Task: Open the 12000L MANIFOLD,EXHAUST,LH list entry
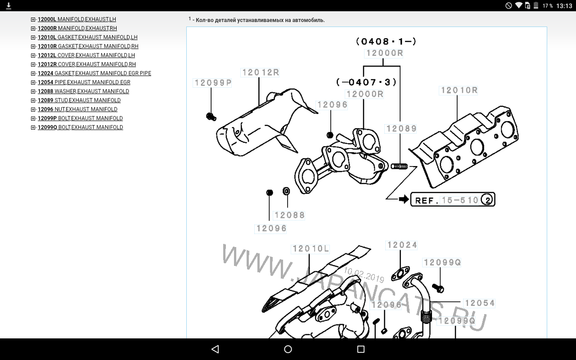click(x=76, y=19)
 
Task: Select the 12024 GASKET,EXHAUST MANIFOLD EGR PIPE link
click(x=94, y=73)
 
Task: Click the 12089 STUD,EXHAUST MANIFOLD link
click(x=79, y=100)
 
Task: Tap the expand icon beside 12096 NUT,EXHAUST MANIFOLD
click(x=33, y=109)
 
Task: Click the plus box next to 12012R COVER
click(x=33, y=64)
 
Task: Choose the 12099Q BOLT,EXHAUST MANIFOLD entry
click(x=80, y=127)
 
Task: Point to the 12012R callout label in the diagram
click(x=261, y=72)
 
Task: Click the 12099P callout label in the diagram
click(x=213, y=83)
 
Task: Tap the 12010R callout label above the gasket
click(x=459, y=90)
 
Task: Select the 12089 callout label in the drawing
click(x=401, y=129)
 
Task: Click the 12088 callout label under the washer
click(x=289, y=215)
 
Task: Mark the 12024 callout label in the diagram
click(x=402, y=245)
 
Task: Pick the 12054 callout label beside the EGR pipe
click(x=480, y=303)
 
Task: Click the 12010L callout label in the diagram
click(x=310, y=249)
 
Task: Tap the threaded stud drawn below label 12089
click(x=399, y=166)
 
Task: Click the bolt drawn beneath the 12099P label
click(x=211, y=117)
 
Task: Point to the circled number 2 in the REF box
click(x=487, y=199)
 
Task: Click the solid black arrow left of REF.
click(x=404, y=199)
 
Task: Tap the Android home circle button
click(x=288, y=349)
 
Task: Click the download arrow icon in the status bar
click(x=9, y=6)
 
